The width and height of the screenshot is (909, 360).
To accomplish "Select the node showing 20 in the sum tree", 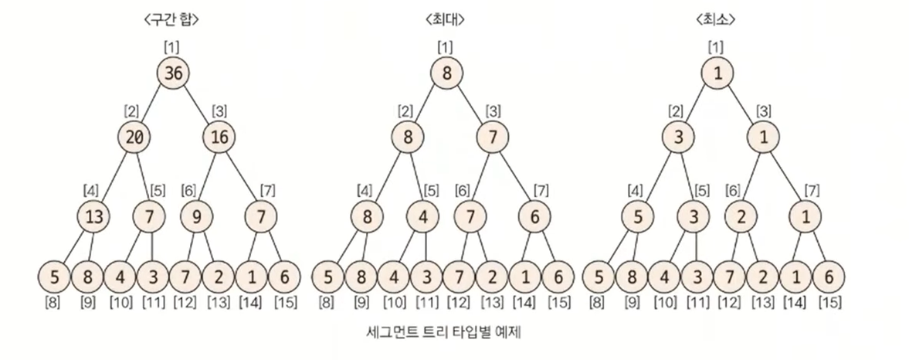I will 134,138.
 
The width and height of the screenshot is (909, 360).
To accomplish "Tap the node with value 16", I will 219,138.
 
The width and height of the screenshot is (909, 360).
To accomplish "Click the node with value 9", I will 196,217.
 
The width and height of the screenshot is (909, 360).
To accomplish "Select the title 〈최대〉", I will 445,21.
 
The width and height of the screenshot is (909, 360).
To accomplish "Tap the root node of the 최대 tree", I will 446,73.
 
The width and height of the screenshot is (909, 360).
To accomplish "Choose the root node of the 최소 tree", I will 717,73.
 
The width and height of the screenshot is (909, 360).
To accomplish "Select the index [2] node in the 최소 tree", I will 677,138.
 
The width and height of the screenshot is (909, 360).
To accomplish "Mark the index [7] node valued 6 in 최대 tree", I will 534,217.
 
